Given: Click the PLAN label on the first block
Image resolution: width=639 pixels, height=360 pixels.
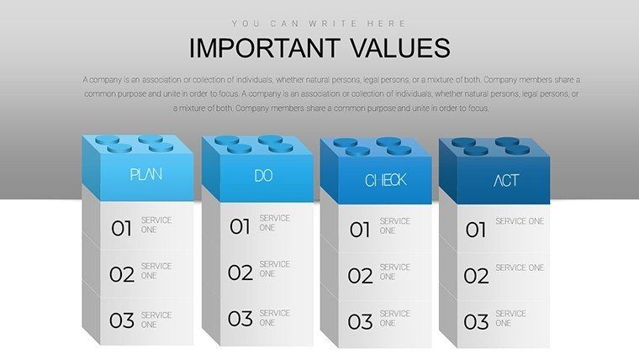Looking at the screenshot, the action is click(x=146, y=174).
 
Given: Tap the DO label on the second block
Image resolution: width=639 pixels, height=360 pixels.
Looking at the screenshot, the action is click(x=263, y=176).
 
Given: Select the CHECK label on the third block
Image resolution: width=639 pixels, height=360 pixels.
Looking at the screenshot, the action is click(x=386, y=180).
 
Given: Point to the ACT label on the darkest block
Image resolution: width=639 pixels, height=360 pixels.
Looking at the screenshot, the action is click(x=506, y=180).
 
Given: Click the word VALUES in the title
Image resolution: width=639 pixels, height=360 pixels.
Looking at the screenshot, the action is click(x=400, y=48).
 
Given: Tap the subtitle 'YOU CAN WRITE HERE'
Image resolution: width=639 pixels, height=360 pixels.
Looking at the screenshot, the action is click(x=319, y=24).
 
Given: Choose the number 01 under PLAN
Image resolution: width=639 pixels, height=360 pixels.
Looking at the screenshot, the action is click(x=121, y=229).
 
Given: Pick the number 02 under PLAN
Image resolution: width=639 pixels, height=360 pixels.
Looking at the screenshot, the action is click(x=121, y=274).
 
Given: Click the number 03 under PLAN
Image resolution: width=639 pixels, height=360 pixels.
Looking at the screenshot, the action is click(x=121, y=320).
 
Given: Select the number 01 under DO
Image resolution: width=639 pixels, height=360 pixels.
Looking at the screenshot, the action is click(x=240, y=226).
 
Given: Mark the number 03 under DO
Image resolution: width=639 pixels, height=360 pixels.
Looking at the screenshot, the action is click(x=240, y=319).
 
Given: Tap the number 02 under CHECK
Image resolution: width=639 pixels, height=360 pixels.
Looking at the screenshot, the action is click(x=360, y=276).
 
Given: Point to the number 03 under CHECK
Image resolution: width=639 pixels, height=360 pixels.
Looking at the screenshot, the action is click(x=360, y=321).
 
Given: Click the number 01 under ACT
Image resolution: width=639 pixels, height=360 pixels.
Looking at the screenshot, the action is click(x=476, y=230).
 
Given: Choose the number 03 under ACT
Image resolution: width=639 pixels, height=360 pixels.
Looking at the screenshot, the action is click(x=476, y=321).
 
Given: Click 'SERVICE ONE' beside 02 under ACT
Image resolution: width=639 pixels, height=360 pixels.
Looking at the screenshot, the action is click(x=520, y=267).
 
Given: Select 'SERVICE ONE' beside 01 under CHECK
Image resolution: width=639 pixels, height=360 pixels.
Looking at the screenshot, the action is click(x=395, y=226).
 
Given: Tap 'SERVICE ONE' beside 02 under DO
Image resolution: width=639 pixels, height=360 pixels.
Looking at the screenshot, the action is click(x=275, y=268).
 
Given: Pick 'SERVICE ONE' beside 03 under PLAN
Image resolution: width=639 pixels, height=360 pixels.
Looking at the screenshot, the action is click(x=156, y=320).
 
